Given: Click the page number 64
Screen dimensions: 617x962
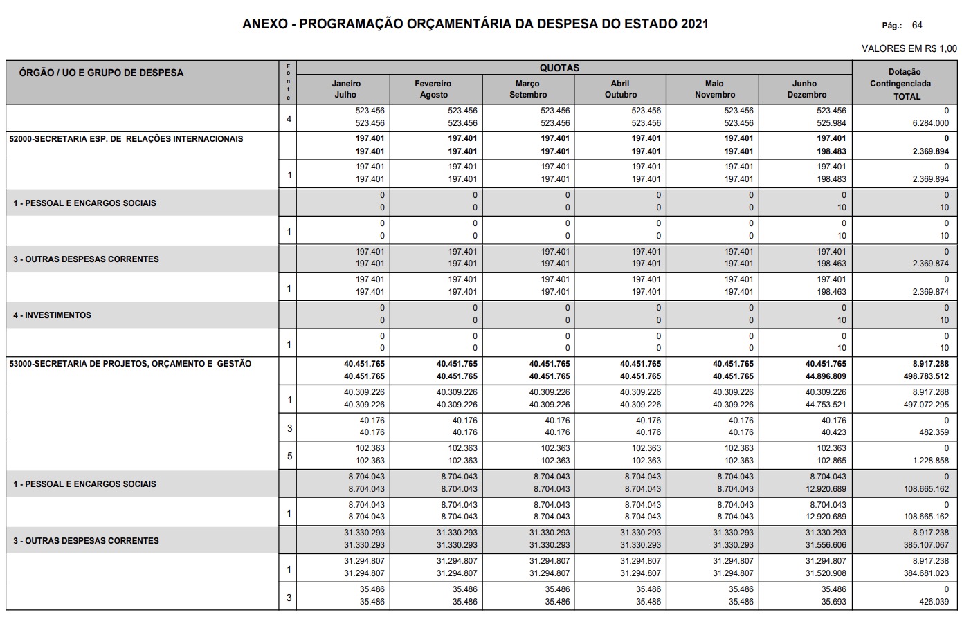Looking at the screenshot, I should click(917, 26).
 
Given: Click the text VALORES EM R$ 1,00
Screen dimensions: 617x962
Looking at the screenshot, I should click(909, 48).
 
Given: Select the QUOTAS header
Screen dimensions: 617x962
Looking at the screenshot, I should click(559, 68).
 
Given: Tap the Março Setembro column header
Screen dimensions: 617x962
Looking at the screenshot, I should click(528, 89).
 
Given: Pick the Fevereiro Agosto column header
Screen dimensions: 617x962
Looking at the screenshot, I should click(434, 89).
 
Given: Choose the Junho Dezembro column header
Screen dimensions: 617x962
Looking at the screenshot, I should click(806, 89).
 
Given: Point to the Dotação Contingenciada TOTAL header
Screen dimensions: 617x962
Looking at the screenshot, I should click(905, 84).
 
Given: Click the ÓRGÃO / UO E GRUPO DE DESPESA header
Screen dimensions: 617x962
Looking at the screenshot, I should click(101, 73).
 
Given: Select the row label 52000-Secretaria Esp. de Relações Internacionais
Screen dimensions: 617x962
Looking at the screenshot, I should click(126, 138).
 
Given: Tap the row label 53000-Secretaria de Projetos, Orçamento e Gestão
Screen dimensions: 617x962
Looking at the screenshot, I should click(130, 363).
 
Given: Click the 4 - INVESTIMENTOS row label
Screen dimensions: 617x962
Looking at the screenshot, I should click(52, 315).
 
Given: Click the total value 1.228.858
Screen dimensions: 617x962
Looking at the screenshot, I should click(930, 461).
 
